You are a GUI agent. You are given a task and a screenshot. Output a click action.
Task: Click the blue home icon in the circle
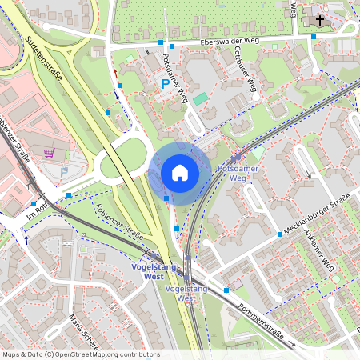click(179, 173)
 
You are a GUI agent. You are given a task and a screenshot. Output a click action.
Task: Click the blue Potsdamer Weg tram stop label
click(238, 174)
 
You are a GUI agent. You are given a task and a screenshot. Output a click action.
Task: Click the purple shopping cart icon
click(50, 152)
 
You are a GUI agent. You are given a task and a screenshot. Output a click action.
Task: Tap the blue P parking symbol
click(166, 83)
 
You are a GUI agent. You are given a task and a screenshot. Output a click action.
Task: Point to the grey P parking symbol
click(64, 172)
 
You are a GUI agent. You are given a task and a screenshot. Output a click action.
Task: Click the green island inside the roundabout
click(111, 166)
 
